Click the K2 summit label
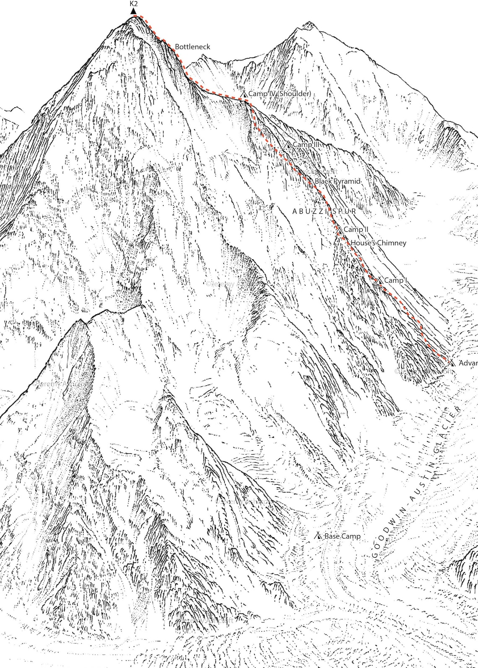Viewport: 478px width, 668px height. tap(133, 4)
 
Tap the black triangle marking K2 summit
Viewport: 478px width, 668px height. tap(133, 11)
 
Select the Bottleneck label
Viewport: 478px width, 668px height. tap(192, 47)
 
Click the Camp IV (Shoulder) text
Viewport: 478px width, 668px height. tap(280, 94)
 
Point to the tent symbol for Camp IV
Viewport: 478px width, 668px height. tap(244, 93)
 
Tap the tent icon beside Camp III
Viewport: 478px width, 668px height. tap(288, 144)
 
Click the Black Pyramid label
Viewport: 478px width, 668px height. tap(337, 181)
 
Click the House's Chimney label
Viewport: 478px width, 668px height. tap(378, 243)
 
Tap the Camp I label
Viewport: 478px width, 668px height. tap(395, 280)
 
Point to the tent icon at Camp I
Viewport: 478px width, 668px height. tap(379, 280)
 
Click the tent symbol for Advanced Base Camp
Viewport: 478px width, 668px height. tap(452, 363)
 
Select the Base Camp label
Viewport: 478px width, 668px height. tap(342, 536)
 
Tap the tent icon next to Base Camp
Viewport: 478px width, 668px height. tap(319, 536)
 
